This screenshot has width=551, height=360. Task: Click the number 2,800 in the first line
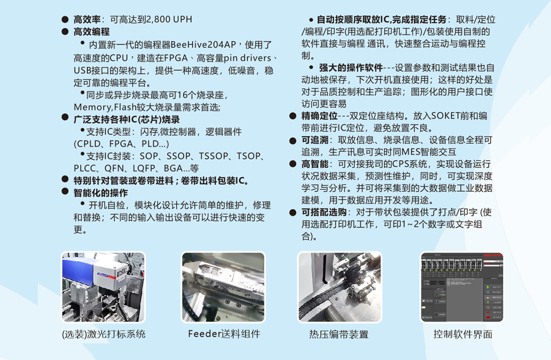158,19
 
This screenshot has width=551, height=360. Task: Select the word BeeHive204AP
203,45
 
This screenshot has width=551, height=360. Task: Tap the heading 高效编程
91,32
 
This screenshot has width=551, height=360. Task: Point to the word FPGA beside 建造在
176,58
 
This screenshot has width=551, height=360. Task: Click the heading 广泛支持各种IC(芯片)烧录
127,120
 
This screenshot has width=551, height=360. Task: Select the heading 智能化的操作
101,193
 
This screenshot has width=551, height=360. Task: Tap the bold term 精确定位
319,116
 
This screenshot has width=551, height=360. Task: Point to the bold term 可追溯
315,140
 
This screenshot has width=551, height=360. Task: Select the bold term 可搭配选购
324,212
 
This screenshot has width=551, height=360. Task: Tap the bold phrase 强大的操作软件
351,67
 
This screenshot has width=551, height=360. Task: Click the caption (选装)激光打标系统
103,334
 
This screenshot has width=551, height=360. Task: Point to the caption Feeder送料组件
224,334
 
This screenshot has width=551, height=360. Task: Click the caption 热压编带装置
339,334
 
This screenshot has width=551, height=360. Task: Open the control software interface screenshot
462,287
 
